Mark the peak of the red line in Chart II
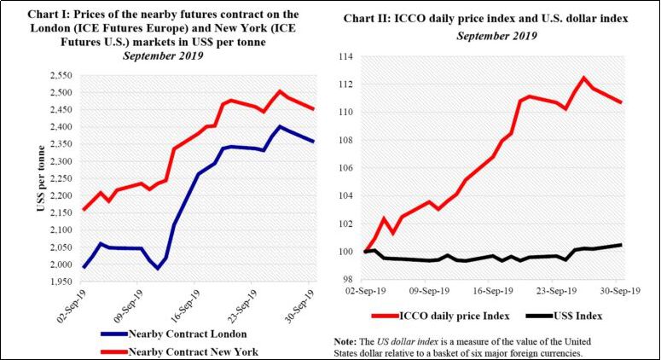[x=584, y=78]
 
